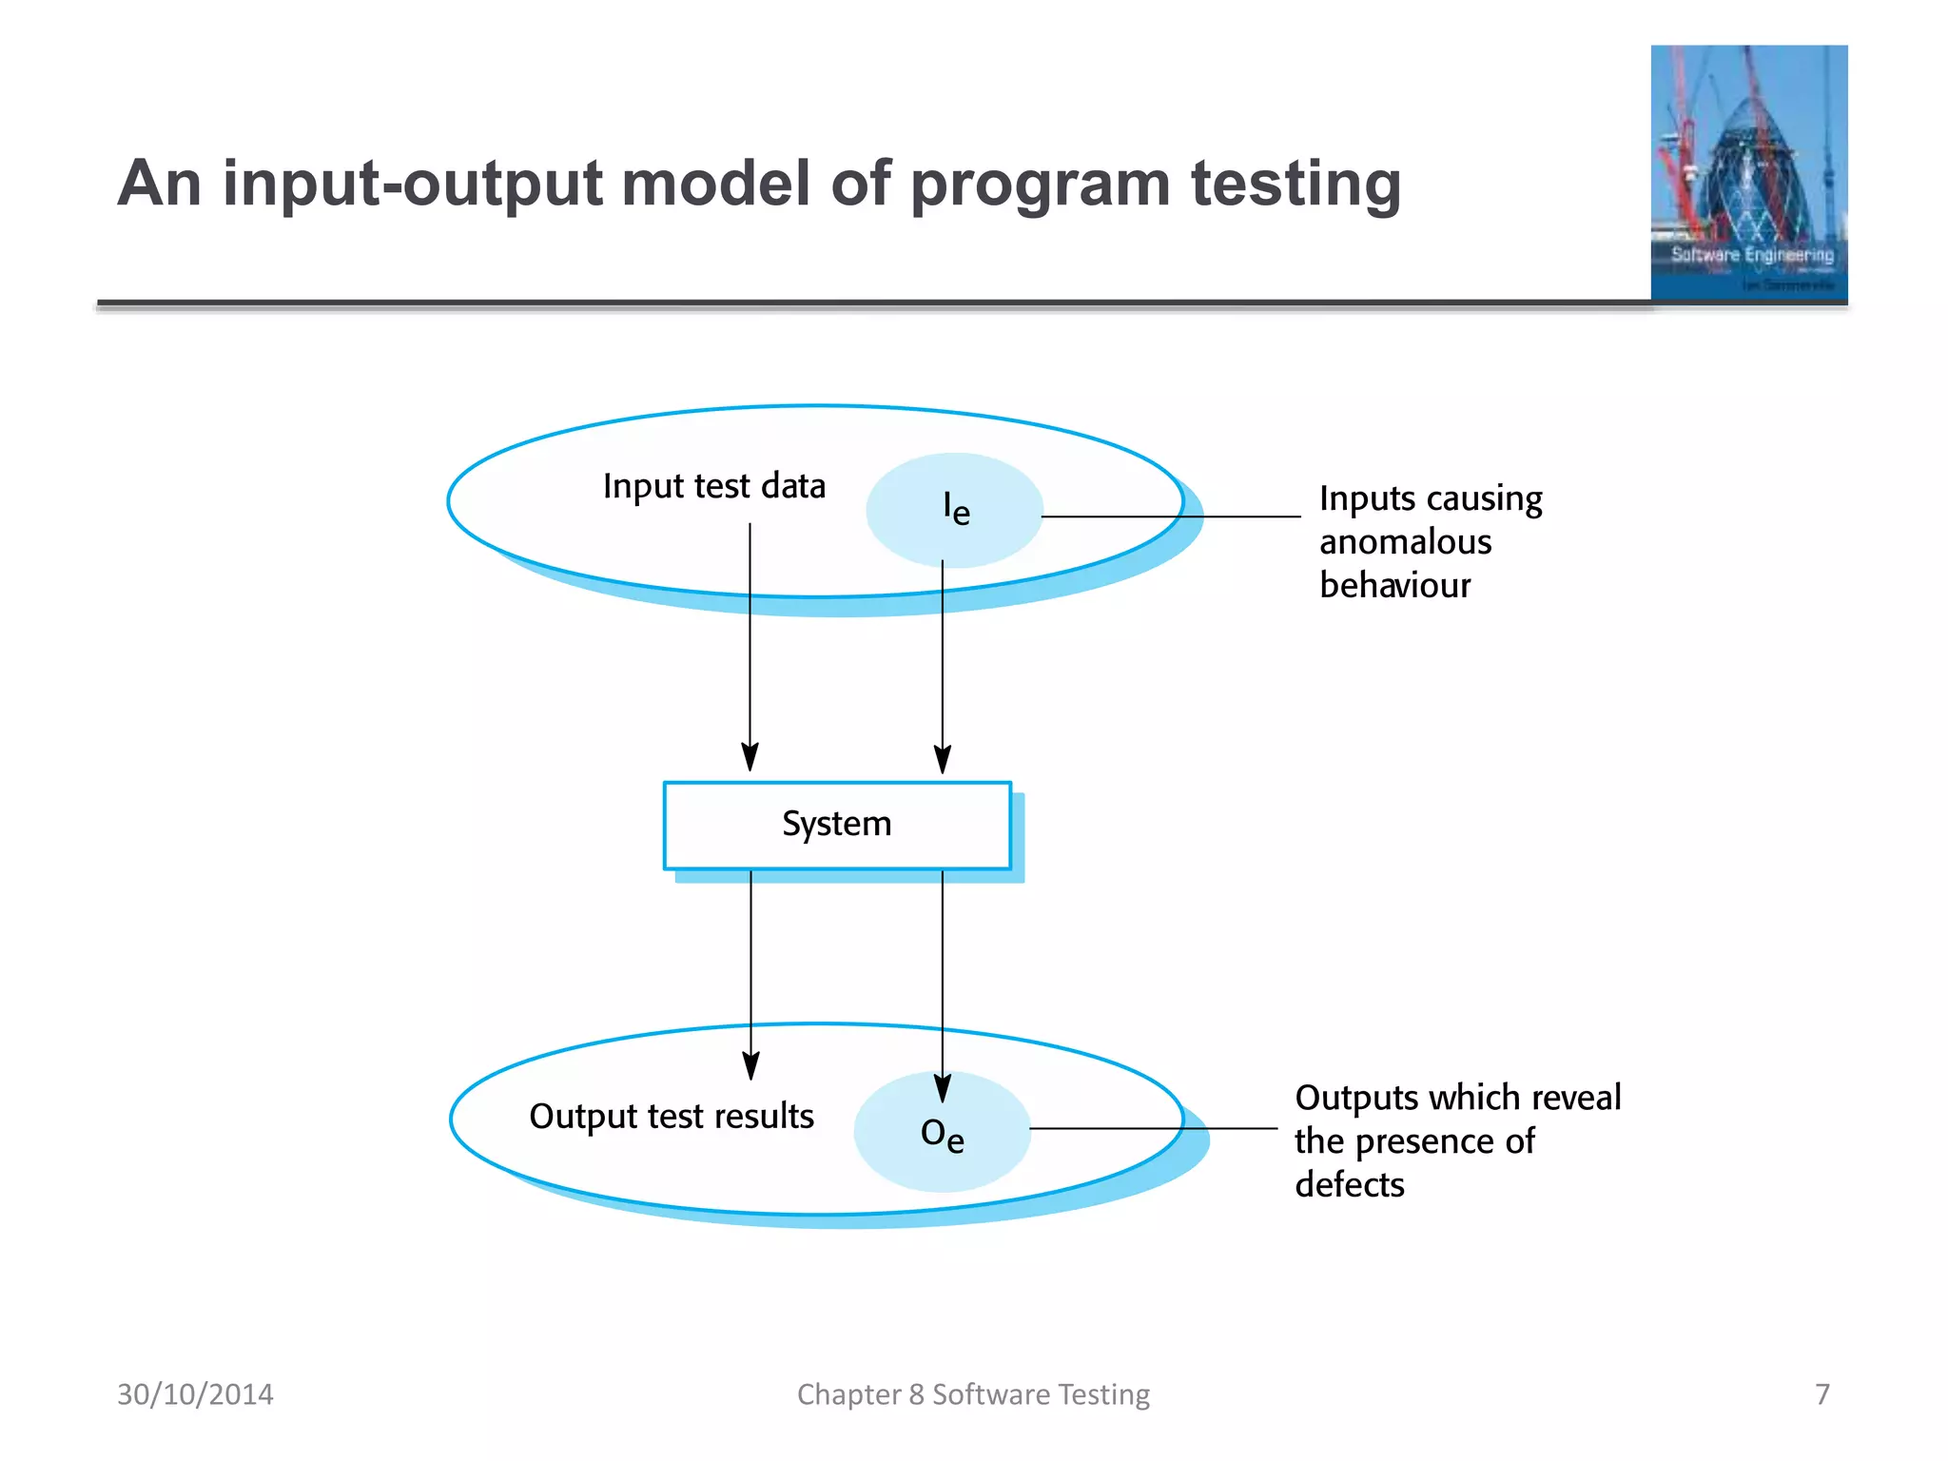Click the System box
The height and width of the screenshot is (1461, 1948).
pyautogui.click(x=836, y=824)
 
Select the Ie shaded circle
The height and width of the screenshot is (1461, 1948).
pyautogui.click(x=954, y=510)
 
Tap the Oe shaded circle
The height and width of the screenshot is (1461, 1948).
pyautogui.click(x=942, y=1133)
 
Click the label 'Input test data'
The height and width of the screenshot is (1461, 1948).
pyautogui.click(x=713, y=486)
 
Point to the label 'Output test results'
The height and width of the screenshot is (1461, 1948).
pyautogui.click(x=671, y=1116)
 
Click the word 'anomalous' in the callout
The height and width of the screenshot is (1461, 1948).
pyautogui.click(x=1405, y=542)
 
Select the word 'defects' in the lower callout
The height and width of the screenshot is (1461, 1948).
pyautogui.click(x=1349, y=1185)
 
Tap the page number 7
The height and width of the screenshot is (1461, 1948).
pyautogui.click(x=1821, y=1393)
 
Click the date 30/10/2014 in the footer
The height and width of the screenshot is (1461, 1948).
pyautogui.click(x=195, y=1393)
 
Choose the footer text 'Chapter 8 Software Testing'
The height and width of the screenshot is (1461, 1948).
pyautogui.click(x=973, y=1393)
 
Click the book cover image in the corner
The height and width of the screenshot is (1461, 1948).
pyautogui.click(x=1748, y=173)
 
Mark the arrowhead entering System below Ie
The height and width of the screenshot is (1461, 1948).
pyautogui.click(x=942, y=760)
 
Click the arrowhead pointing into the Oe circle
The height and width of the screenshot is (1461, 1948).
pyautogui.click(x=942, y=1088)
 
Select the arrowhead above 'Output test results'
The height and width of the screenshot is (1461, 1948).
pyautogui.click(x=750, y=1065)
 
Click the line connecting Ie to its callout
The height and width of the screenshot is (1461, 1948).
pyautogui.click(x=1170, y=516)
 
